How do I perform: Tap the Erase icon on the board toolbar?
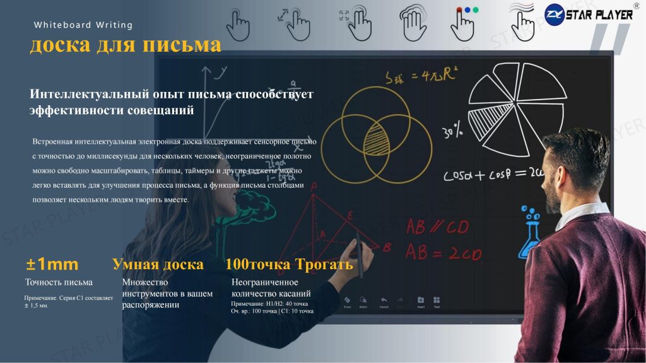click(x=347, y=301)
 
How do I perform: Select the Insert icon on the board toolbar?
click(x=420, y=301)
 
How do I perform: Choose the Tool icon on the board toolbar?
click(x=437, y=301)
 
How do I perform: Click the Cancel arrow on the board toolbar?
click(x=384, y=301)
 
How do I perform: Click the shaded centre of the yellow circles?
click(x=377, y=136)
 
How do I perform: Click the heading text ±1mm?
click(x=52, y=265)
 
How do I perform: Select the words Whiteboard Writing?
click(x=83, y=25)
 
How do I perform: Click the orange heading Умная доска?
click(x=158, y=265)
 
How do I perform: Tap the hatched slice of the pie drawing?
click(x=490, y=116)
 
